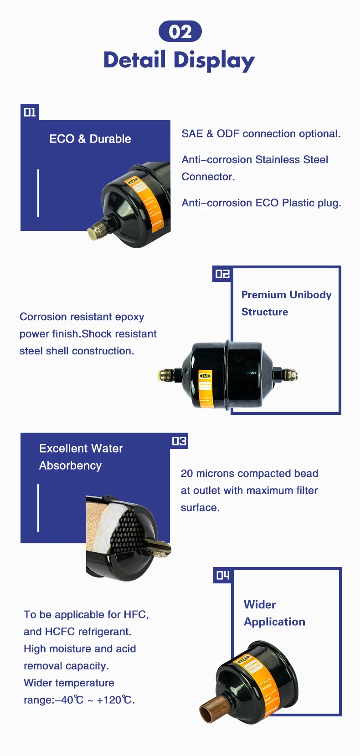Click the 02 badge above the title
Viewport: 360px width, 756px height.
(180, 31)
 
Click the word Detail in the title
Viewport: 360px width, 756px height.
(134, 60)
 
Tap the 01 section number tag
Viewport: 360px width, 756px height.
(30, 112)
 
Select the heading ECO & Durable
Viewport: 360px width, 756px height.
(90, 139)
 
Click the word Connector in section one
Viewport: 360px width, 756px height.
(207, 177)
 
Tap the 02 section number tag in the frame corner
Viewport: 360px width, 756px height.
(222, 274)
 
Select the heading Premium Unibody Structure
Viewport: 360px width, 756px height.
(286, 303)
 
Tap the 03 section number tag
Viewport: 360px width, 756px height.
(179, 441)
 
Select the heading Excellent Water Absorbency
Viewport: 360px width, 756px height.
(81, 457)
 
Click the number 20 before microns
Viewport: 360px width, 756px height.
(187, 474)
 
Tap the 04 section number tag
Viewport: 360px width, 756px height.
(222, 576)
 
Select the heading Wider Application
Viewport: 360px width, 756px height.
(274, 613)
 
